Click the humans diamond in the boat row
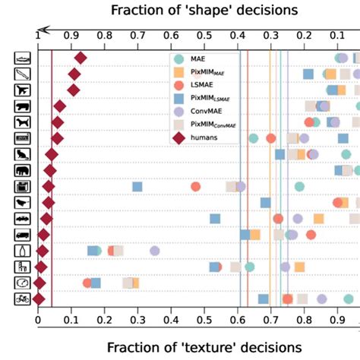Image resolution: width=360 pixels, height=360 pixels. point(80,58)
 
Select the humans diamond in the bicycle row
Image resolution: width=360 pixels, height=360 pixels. point(38,299)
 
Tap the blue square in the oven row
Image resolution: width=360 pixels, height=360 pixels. point(137,187)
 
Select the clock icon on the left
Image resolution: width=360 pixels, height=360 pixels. point(24,283)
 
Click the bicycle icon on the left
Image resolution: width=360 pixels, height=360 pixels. point(24,299)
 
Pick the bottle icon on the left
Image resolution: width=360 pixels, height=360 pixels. point(24,251)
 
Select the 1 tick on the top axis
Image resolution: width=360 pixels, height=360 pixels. point(38,36)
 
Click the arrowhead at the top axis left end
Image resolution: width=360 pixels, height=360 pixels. point(43,29)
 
